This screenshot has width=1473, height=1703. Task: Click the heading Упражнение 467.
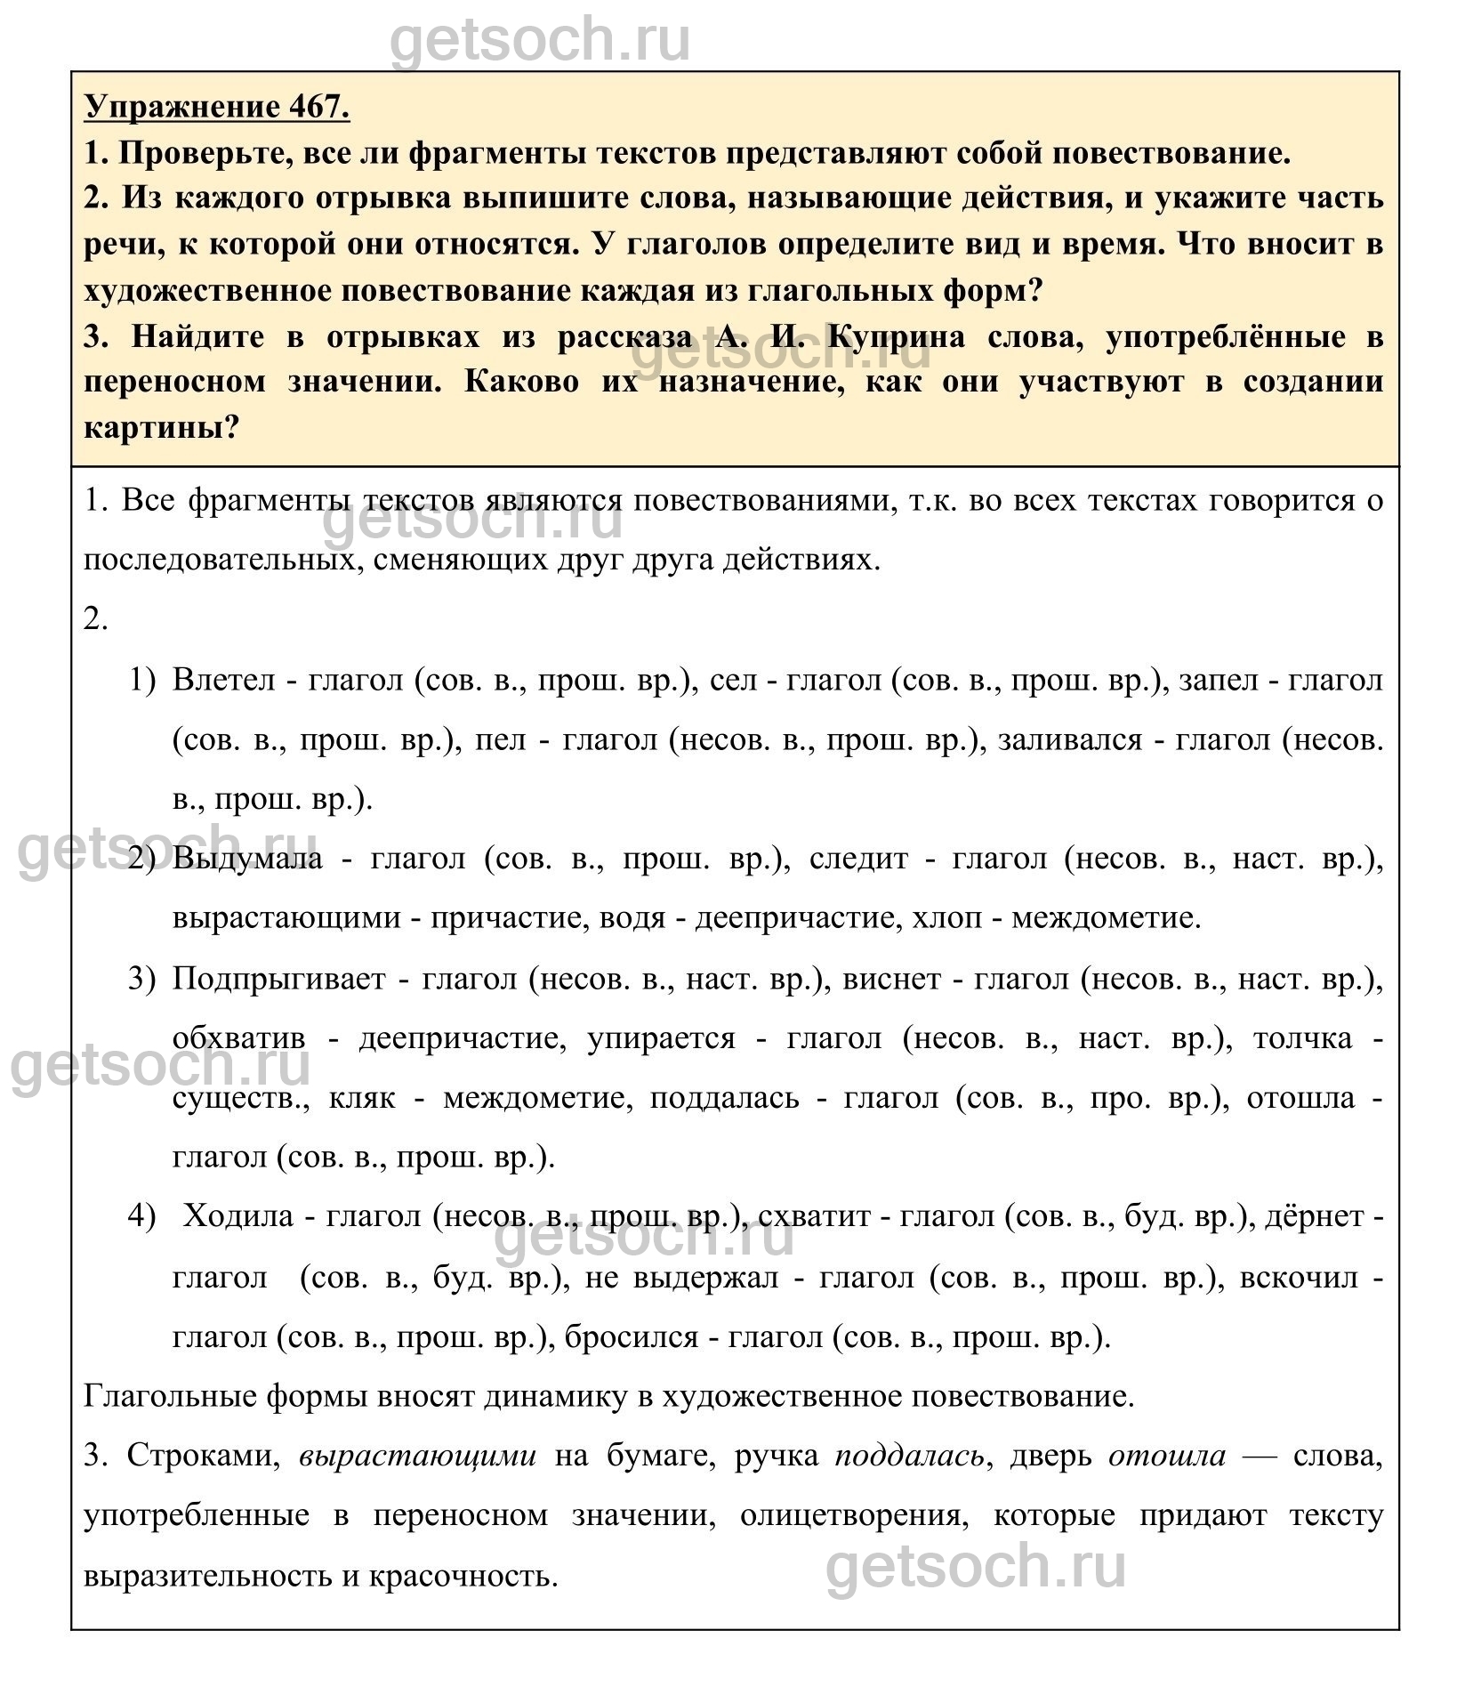click(x=217, y=107)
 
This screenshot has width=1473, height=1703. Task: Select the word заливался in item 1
click(x=1070, y=739)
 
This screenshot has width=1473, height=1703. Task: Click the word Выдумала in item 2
click(x=248, y=859)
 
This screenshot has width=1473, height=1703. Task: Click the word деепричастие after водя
click(x=789, y=917)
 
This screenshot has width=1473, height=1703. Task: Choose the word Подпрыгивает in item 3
click(x=279, y=979)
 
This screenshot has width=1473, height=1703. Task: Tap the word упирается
click(x=661, y=1038)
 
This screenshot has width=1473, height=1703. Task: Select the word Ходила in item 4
click(x=237, y=1215)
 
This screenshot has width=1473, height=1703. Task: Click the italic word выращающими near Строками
click(x=418, y=1456)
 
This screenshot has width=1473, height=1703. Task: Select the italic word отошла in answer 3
click(x=1167, y=1456)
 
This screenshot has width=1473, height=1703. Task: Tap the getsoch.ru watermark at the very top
click(x=540, y=40)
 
